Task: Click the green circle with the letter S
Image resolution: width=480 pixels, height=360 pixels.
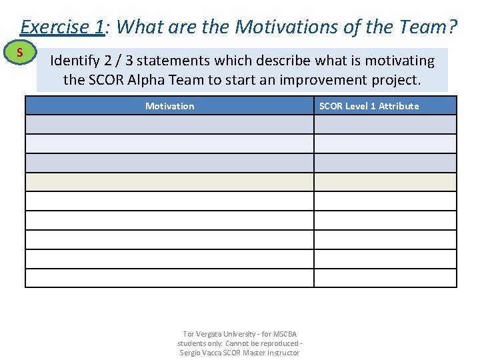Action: [x=21, y=53]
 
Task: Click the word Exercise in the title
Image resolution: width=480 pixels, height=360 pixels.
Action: [x=53, y=27]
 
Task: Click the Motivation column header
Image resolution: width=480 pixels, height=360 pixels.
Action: [x=169, y=106]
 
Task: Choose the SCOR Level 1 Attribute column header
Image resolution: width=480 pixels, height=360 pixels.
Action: [x=369, y=106]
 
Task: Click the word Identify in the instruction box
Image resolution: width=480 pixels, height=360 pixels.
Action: [x=75, y=61]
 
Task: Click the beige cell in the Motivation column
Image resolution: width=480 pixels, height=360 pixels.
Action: [x=169, y=182]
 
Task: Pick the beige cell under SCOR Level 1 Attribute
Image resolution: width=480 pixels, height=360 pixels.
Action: [x=385, y=182]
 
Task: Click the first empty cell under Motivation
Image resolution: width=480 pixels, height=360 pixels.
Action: [x=169, y=125]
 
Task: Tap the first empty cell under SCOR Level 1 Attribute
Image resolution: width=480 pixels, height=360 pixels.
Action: [x=385, y=125]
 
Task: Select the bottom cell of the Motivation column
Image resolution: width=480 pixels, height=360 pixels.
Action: [x=169, y=278]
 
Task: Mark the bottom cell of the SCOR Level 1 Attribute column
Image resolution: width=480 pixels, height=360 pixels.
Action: [x=385, y=278]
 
